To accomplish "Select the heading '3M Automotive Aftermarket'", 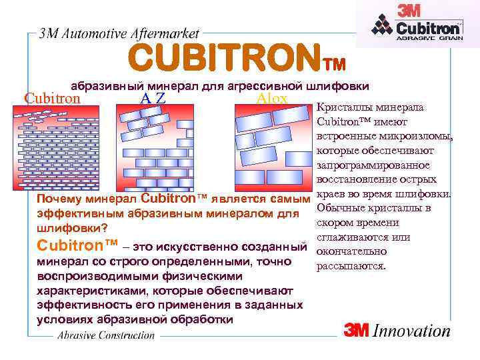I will point(119,35).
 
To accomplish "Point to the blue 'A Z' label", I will point(153,99).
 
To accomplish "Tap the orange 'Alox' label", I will point(271,99).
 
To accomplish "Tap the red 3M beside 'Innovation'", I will point(357,331).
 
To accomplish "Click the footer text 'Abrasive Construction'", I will point(106,335).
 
